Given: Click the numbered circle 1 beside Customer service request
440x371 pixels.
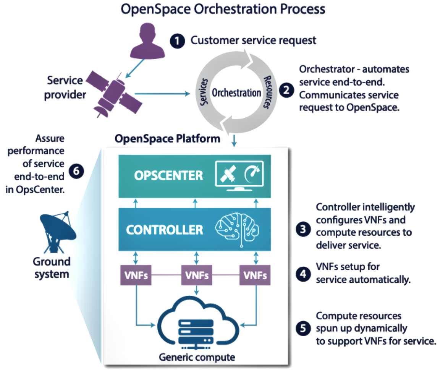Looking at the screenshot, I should (178, 40).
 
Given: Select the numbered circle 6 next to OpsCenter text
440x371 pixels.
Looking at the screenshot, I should (76, 172).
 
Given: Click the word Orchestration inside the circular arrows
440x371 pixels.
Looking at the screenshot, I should (236, 93).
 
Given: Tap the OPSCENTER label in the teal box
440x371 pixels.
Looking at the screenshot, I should (168, 176).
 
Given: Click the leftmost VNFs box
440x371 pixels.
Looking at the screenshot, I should (136, 275).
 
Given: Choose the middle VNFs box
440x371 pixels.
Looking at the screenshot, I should (196, 275).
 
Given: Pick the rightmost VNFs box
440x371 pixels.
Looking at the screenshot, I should (255, 275).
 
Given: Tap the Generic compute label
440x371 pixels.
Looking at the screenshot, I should (197, 358).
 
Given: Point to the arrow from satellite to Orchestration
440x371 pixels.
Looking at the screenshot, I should (162, 93).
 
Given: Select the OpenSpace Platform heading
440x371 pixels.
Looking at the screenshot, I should (168, 138).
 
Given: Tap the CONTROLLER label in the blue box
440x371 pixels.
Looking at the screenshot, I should (165, 230).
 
